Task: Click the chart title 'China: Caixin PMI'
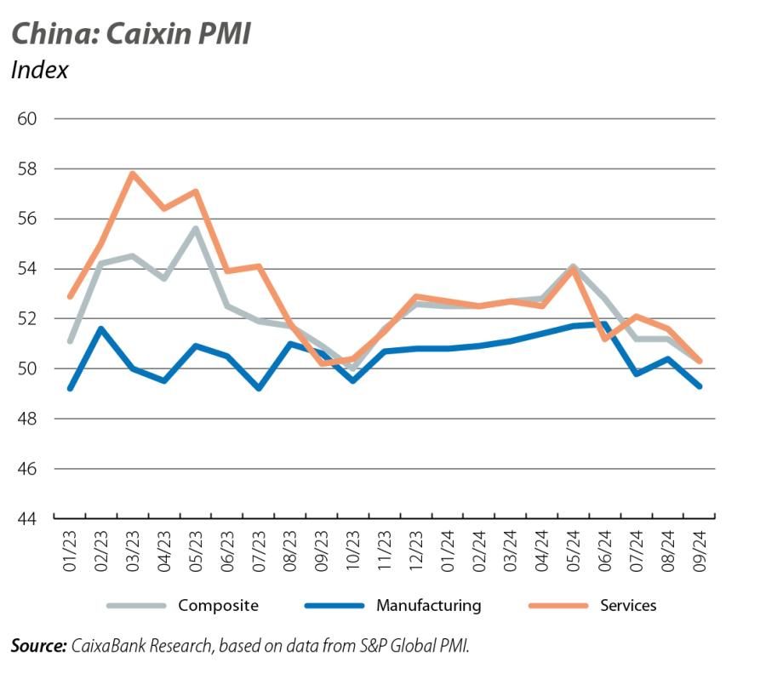coord(130,33)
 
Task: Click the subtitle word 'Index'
coord(39,70)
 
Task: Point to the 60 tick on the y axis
coord(27,118)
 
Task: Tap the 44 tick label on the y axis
coord(27,518)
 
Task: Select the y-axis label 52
coord(27,318)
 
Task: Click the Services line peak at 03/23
coord(133,174)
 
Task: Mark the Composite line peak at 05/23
coord(196,228)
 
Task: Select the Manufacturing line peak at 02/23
coord(101,328)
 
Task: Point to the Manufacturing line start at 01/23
coord(70,388)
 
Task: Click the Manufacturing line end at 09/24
coord(699,385)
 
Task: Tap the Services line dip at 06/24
coord(604,339)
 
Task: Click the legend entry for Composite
coord(217,606)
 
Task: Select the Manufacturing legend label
coord(428,606)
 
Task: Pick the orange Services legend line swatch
coord(557,606)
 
